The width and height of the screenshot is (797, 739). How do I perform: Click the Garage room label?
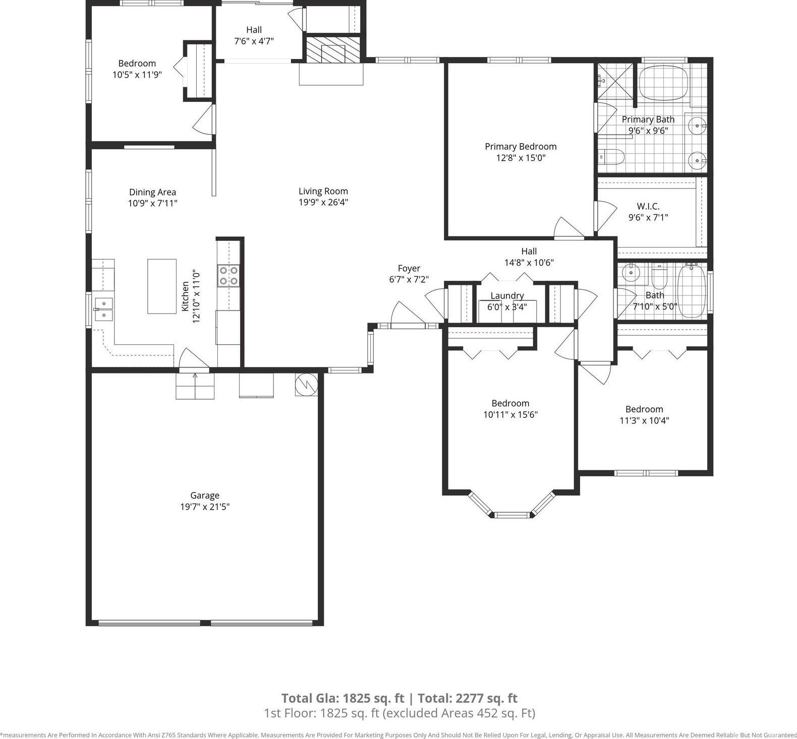[x=205, y=496]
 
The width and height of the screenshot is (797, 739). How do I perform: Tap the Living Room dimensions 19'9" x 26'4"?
[x=323, y=202]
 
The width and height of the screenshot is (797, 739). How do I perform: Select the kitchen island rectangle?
[x=162, y=286]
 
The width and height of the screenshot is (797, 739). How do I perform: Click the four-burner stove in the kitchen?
[x=228, y=276]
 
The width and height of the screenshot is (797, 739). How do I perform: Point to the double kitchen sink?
[x=103, y=309]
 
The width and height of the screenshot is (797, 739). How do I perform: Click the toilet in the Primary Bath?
[x=611, y=157]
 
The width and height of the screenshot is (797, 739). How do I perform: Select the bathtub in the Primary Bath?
[x=663, y=83]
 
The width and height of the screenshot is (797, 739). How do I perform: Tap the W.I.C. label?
[x=648, y=206]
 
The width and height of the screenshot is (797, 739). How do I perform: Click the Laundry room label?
[x=507, y=295]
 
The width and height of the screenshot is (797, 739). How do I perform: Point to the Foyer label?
[x=409, y=268]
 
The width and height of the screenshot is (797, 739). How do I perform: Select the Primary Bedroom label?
[x=521, y=146]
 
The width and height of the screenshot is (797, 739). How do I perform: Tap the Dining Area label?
[x=152, y=192]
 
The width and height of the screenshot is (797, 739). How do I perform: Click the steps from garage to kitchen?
[x=195, y=386]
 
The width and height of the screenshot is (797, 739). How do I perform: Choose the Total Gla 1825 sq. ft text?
[x=343, y=698]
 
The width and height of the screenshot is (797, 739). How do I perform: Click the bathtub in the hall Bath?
[x=692, y=292]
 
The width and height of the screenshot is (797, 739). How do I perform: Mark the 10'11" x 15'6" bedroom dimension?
[x=510, y=414]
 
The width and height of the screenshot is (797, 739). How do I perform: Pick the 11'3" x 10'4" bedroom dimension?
[x=644, y=420]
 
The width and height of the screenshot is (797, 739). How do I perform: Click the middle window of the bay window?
[x=512, y=515]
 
